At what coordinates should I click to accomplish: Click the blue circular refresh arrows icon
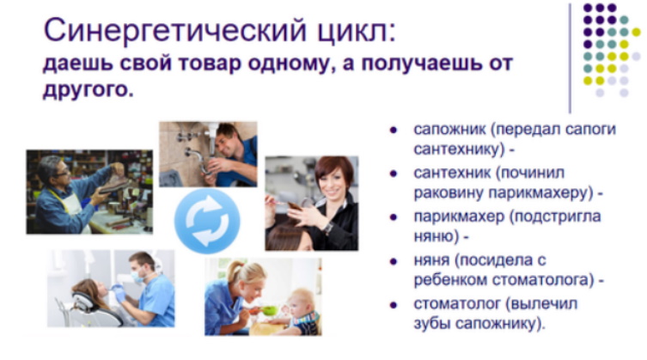pos(207,221)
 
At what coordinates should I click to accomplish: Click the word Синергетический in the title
pos(174,31)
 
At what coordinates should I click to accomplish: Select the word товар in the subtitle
pos(209,64)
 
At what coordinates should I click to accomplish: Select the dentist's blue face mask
pos(137,276)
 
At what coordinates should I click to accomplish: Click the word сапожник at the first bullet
pos(449,129)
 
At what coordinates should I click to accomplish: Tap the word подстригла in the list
pos(554,217)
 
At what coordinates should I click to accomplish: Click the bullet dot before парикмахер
pos(394,217)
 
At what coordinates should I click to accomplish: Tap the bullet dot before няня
pos(394,260)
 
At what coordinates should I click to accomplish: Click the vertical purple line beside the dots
pos(570,58)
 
